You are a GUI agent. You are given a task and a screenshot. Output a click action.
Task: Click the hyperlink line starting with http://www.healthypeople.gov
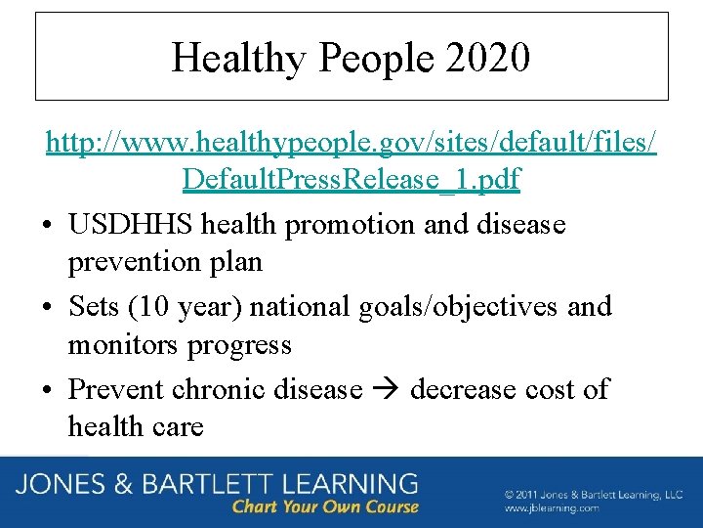(x=351, y=144)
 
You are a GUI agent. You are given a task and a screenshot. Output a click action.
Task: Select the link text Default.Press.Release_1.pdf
(x=351, y=181)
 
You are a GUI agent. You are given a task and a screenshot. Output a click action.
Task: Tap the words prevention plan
(x=164, y=263)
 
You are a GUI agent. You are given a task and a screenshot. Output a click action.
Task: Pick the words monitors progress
(x=180, y=345)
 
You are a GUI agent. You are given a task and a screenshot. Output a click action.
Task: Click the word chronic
(x=217, y=388)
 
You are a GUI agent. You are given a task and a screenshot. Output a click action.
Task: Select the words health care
(x=136, y=426)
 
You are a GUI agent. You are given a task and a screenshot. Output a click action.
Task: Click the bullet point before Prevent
(x=48, y=389)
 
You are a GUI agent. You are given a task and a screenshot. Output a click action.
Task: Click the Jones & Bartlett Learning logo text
(x=217, y=484)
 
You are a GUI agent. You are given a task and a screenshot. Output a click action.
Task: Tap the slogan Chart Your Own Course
(x=325, y=506)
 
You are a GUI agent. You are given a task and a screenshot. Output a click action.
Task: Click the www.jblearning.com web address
(x=552, y=508)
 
